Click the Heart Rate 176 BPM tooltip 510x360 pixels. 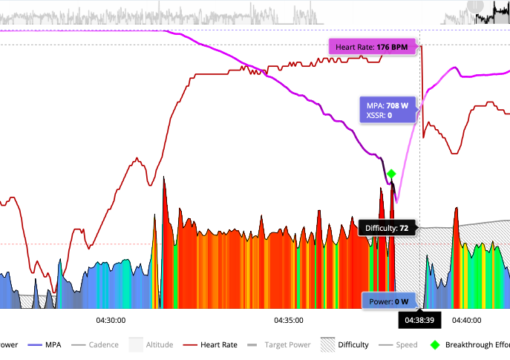pos(371,48)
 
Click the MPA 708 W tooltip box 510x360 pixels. pos(386,110)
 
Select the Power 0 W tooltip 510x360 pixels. pos(390,301)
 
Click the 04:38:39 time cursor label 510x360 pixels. pos(419,320)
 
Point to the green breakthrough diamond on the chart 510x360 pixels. pos(391,174)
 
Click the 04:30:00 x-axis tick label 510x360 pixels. pos(111,320)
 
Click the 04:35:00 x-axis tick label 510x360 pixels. pos(289,320)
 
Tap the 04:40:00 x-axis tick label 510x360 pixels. pos(467,320)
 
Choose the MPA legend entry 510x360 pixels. pos(52,344)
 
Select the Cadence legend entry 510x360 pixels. pos(103,344)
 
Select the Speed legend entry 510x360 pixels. pos(406,344)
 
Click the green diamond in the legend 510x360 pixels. pos(434,344)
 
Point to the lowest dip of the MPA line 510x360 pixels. pos(397,201)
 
